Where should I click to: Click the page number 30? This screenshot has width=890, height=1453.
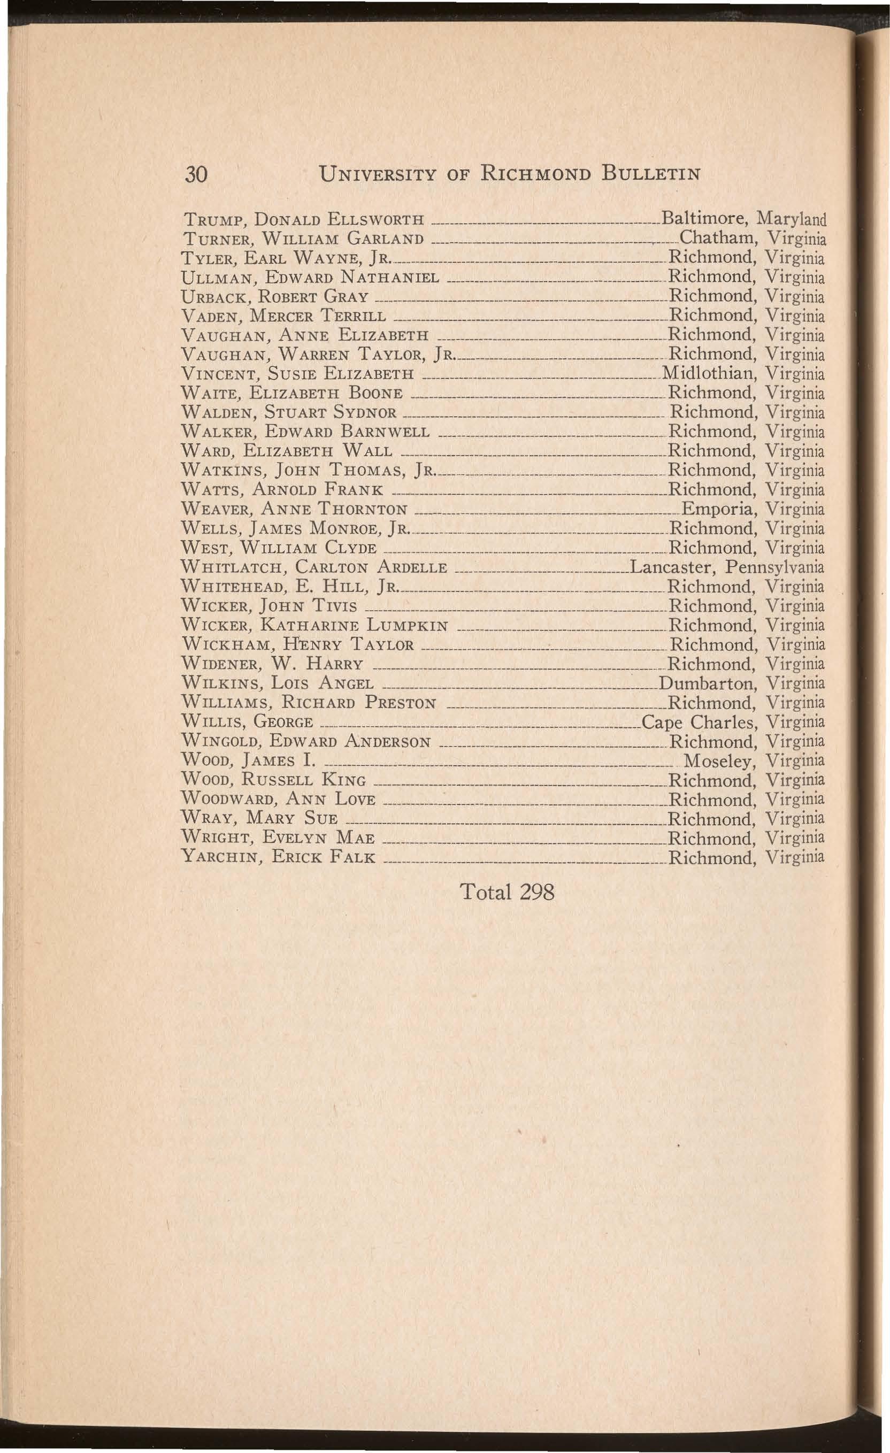(195, 174)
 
